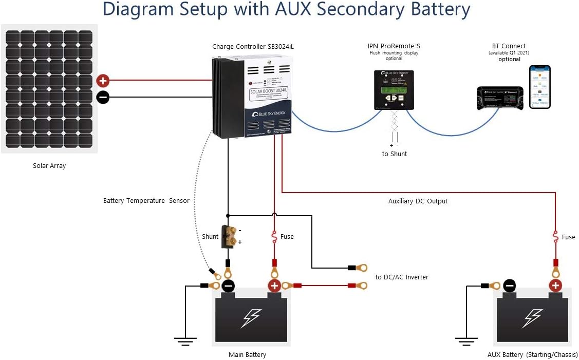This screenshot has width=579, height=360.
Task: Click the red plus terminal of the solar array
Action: (103, 80)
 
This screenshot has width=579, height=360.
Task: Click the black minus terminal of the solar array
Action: (103, 97)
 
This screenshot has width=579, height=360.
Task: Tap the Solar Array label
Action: (49, 166)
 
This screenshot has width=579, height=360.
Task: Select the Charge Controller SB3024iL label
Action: (253, 47)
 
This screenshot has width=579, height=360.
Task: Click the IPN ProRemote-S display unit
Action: (394, 90)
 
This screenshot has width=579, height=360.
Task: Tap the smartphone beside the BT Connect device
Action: (540, 87)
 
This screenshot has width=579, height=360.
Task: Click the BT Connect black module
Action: (500, 98)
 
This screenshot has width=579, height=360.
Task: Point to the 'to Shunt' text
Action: (395, 154)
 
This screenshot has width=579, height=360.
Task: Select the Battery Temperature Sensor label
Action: (146, 201)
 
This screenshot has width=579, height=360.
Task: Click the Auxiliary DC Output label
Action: (418, 201)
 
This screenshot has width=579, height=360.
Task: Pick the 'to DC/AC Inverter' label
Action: (402, 277)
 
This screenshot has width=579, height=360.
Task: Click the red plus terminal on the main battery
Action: (274, 286)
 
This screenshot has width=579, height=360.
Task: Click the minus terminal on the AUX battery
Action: (510, 286)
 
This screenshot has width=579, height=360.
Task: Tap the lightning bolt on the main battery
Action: (251, 318)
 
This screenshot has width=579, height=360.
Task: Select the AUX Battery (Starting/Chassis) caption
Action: (532, 355)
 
